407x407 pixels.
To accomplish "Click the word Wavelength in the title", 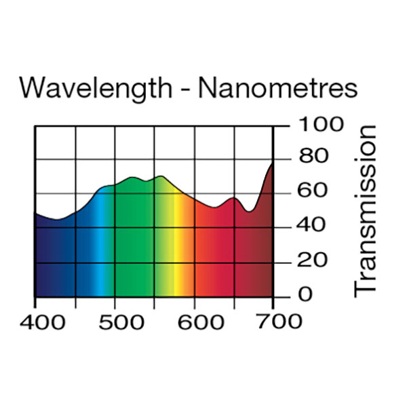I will (x=94, y=90).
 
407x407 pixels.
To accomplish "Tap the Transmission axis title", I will (x=366, y=210).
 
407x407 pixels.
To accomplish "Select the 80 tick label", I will (x=312, y=158).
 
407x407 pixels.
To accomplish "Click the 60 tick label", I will (x=312, y=192).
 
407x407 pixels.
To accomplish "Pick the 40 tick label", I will (x=312, y=226).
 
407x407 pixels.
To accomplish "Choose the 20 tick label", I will (x=312, y=261).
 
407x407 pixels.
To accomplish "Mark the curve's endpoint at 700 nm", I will (x=273, y=163).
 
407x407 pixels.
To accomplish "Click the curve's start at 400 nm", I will (x=35, y=214).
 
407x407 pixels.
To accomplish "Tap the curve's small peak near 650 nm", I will (x=233, y=198).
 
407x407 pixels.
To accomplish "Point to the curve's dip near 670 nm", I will (x=250, y=211).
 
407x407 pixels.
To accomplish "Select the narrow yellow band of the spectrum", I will (x=176, y=251).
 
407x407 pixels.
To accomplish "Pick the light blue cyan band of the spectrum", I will (x=102, y=251).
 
